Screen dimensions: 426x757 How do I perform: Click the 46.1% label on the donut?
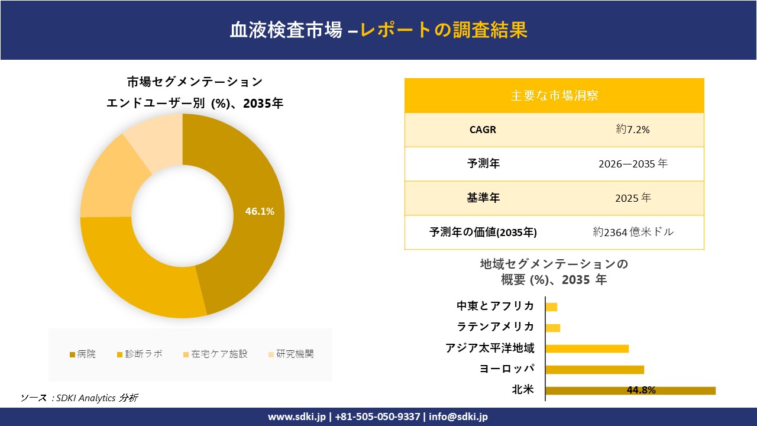point(260,211)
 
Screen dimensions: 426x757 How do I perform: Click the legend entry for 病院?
point(82,354)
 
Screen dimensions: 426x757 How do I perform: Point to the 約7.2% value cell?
point(633,130)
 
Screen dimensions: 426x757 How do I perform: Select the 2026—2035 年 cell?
point(633,164)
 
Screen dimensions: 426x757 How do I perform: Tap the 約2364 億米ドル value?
point(633,232)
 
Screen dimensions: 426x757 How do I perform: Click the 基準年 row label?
point(483,198)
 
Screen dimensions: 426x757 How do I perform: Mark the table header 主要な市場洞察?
point(554,95)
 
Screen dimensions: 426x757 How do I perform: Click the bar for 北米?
point(630,390)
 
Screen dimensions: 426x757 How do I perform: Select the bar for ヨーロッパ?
point(594,370)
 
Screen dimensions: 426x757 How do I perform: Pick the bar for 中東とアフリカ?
point(551,306)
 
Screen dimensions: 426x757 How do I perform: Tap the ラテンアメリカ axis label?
point(496,327)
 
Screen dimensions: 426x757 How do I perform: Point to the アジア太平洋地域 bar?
point(587,348)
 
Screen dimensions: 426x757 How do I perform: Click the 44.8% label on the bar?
point(640,390)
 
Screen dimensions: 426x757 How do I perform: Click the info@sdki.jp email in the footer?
point(458,417)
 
